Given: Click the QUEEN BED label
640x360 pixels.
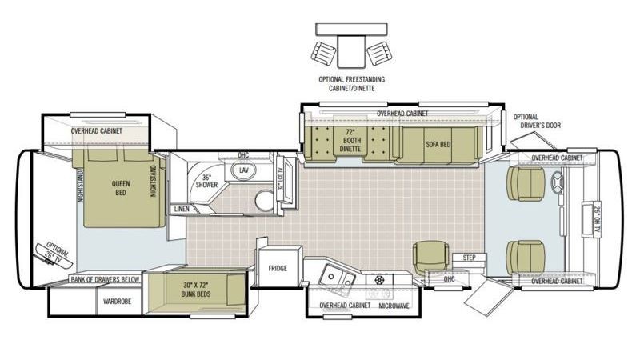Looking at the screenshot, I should click(120, 188).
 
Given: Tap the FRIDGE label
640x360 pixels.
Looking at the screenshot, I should click(278, 269).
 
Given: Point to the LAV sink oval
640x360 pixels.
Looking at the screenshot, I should click(244, 171).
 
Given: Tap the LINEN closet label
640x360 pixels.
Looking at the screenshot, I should click(182, 210).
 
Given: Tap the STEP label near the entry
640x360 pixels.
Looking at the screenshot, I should click(469, 258).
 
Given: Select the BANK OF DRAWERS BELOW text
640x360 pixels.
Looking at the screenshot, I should click(105, 279).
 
